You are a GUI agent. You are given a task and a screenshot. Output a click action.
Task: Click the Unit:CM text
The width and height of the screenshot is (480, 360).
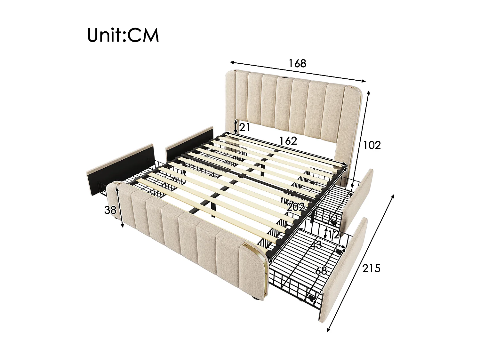[123, 35]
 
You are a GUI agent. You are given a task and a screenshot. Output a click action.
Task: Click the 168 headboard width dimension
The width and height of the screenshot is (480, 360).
[297, 63]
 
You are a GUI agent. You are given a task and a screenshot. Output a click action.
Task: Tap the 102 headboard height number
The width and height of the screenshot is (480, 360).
[372, 145]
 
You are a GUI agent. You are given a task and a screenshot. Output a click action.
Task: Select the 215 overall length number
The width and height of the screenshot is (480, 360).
[371, 268]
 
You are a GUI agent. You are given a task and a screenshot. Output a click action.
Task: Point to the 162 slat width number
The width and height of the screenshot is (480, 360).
[288, 140]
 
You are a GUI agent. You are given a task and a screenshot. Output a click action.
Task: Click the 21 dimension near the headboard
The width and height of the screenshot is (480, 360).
[244, 128]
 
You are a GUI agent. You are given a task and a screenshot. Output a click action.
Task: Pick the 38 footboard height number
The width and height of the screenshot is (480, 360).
[110, 210]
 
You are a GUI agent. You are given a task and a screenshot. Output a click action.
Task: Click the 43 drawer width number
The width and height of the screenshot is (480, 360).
[316, 245]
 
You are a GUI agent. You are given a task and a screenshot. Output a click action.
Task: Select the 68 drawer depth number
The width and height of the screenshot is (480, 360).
[321, 271]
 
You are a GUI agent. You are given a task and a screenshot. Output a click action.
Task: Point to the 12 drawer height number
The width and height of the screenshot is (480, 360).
[333, 235]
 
